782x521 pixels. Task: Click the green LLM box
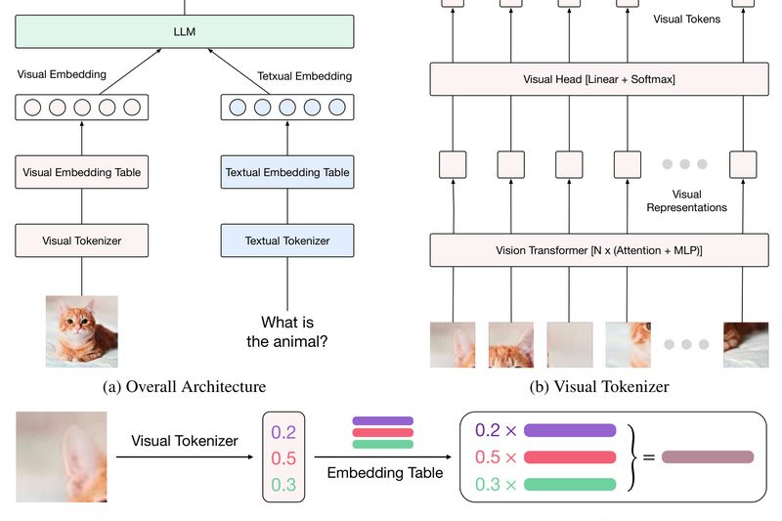[x=184, y=33]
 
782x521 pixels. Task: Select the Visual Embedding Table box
[x=81, y=173]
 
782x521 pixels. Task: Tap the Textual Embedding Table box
[x=287, y=173]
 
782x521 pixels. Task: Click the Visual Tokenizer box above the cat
[x=81, y=239]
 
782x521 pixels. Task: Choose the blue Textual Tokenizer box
[x=287, y=239]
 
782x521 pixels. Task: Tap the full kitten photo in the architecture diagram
[x=81, y=331]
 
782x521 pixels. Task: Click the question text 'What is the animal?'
[x=287, y=331]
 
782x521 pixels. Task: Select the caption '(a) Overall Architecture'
[x=184, y=387]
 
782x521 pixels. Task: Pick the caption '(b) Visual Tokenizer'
[x=599, y=387]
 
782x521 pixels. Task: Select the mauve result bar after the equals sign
[x=708, y=456]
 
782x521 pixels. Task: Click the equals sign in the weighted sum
[x=648, y=456]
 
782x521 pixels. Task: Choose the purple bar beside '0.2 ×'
[x=570, y=430]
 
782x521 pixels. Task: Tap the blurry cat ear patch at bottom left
[x=61, y=456]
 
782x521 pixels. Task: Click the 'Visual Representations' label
[x=687, y=200]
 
